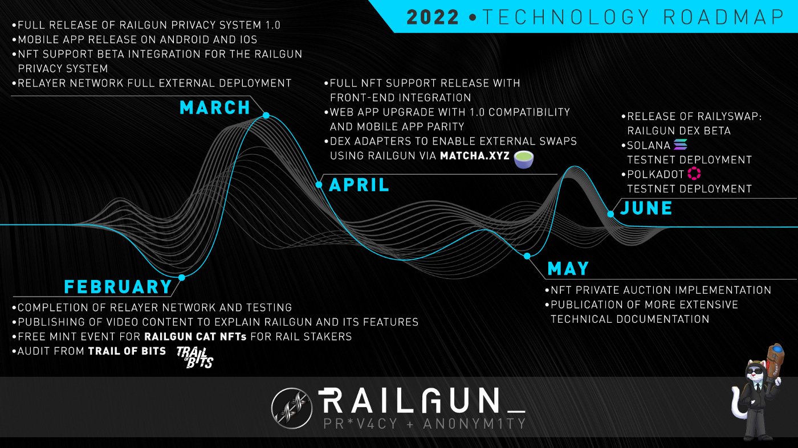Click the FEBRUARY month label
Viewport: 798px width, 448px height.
[118, 286]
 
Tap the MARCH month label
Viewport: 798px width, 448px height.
[215, 108]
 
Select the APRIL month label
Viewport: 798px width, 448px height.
[359, 185]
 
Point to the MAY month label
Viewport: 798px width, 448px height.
[568, 268]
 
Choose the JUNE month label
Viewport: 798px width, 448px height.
[646, 208]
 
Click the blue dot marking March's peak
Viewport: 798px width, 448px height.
[266, 116]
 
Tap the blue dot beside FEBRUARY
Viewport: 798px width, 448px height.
[181, 278]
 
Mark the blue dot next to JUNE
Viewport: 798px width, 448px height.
[610, 214]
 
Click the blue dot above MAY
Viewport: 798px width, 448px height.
[527, 256]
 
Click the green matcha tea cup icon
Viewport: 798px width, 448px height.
[523, 159]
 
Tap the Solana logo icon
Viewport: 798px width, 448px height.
[681, 145]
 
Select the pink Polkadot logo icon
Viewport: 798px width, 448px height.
[694, 174]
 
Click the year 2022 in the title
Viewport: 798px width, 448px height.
[433, 17]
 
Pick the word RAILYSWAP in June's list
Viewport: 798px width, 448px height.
[720, 117]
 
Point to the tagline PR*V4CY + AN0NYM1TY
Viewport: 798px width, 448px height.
[424, 424]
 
